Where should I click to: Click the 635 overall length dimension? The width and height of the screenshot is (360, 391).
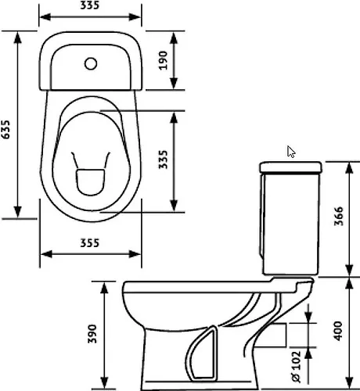pyautogui.click(x=5, y=130)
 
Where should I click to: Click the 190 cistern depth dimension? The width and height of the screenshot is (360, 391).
pyautogui.click(x=163, y=60)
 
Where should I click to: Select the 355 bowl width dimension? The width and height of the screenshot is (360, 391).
pyautogui.click(x=89, y=243)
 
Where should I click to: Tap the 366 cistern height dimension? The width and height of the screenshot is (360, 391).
pyautogui.click(x=339, y=216)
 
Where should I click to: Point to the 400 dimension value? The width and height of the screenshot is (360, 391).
pyautogui.click(x=339, y=331)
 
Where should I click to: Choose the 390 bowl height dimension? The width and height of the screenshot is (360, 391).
pyautogui.click(x=92, y=334)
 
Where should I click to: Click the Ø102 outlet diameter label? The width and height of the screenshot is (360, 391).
pyautogui.click(x=296, y=367)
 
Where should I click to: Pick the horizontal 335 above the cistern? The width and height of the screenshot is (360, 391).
pyautogui.click(x=90, y=5)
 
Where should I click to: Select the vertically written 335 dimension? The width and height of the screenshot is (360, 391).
pyautogui.click(x=164, y=160)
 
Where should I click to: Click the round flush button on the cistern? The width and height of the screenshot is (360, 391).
pyautogui.click(x=91, y=64)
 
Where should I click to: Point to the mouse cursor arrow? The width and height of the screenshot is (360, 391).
pyautogui.click(x=290, y=152)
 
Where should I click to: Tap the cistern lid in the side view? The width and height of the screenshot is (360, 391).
pyautogui.click(x=290, y=167)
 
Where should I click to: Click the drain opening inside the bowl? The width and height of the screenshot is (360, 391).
pyautogui.click(x=90, y=182)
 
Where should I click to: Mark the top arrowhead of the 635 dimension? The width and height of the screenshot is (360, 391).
pyautogui.click(x=17, y=38)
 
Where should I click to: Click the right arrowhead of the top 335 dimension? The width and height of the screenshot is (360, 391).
pyautogui.click(x=135, y=17)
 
